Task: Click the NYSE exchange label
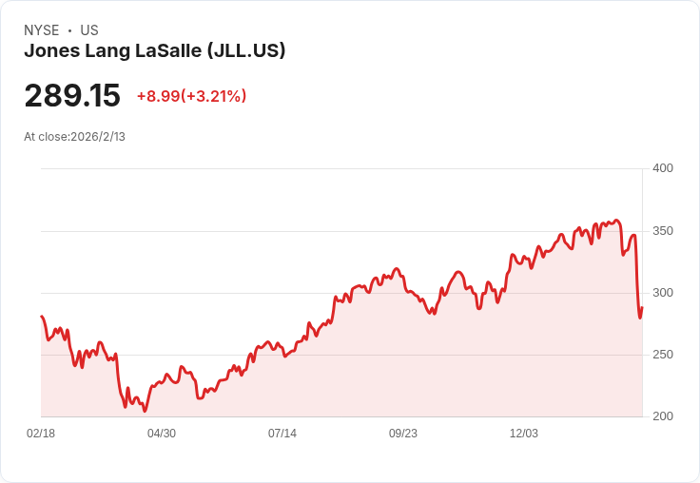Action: (42, 30)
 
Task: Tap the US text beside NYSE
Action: (89, 30)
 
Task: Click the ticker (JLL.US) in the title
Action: (246, 51)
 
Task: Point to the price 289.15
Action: (72, 96)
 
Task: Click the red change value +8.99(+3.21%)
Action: (191, 96)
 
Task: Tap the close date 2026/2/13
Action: (98, 137)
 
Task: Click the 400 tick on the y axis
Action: (662, 168)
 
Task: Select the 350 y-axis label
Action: (662, 231)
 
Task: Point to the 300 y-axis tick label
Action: (662, 293)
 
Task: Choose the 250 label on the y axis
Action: (662, 355)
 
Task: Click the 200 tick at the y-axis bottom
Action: (662, 416)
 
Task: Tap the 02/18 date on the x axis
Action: (41, 434)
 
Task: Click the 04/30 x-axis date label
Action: (162, 434)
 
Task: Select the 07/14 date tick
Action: (282, 434)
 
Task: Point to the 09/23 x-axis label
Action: (403, 434)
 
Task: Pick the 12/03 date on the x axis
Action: (524, 434)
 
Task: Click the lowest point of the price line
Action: (145, 411)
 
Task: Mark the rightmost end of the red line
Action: (642, 307)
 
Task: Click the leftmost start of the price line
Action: (41, 317)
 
